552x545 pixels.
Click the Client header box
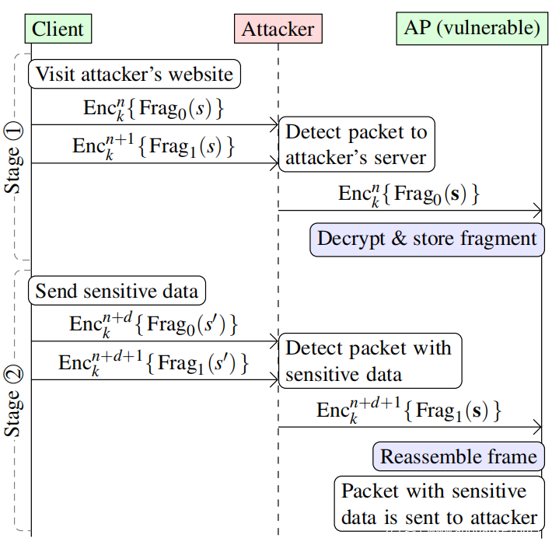pos(58,29)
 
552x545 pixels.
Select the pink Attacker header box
pos(278,29)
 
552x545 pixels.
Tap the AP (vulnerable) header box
pos(472,28)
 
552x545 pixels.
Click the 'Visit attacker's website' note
pos(135,74)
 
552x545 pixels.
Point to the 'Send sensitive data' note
pos(117,291)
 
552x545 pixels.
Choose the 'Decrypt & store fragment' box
pos(427,239)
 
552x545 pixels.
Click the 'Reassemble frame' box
pos(459,456)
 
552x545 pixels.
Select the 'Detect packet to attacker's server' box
pos(357,145)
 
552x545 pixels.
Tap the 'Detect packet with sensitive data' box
pos(370,361)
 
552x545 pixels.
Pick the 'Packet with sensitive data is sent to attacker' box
pos(439,504)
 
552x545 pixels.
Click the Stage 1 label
pos(13,159)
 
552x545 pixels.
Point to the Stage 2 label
pos(13,401)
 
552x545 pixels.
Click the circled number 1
pos(13,132)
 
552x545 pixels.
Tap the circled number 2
pos(13,375)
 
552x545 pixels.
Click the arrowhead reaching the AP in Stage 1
pos(538,211)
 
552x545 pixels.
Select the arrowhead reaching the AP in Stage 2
pos(538,427)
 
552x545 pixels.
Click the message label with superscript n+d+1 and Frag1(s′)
pos(153,363)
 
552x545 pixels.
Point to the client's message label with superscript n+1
pos(153,146)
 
